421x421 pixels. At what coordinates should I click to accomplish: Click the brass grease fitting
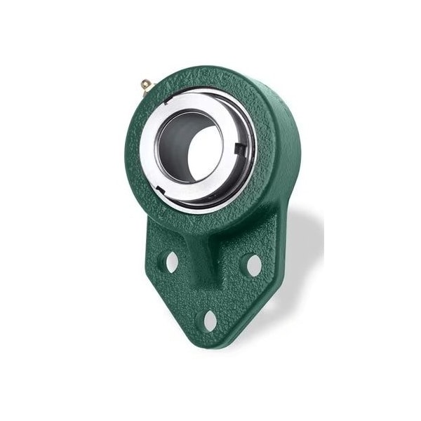coord(145,85)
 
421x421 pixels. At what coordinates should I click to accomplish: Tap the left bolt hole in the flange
coord(171,262)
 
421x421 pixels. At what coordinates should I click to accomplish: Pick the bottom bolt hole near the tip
coord(210,320)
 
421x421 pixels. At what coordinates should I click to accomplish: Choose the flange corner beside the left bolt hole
coord(149,260)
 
